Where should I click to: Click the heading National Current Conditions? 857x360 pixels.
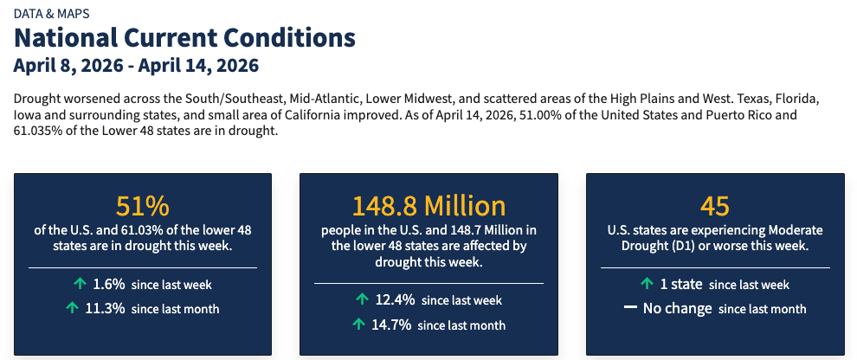(x=184, y=38)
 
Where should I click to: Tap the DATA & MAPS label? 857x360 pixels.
(x=51, y=13)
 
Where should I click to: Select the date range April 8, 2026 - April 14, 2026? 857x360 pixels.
(x=136, y=66)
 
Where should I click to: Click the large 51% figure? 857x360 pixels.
(x=143, y=206)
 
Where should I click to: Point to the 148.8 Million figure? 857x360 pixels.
(x=428, y=206)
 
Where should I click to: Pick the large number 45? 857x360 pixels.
(x=715, y=206)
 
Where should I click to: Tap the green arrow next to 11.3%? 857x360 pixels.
(x=72, y=308)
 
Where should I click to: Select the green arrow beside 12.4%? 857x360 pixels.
(x=363, y=299)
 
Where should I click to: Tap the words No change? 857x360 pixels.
(x=677, y=309)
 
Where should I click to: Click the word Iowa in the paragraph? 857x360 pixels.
(x=28, y=114)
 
